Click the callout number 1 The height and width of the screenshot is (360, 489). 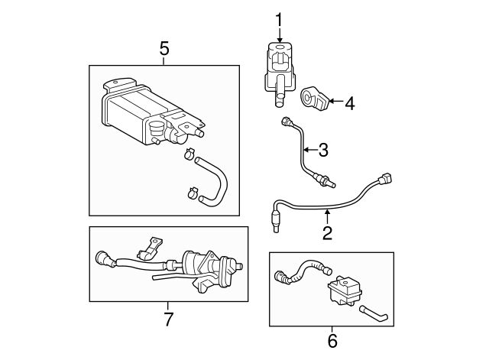280,20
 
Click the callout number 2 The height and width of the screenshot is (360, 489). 327,233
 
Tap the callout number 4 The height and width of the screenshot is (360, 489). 350,102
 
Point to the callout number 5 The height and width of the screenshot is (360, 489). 164,49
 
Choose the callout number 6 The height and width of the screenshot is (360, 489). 332,341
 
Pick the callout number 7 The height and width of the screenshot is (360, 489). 170,316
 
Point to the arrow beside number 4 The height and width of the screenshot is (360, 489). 336,102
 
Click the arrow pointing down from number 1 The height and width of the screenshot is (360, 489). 280,34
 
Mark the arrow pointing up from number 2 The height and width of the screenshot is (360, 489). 327,217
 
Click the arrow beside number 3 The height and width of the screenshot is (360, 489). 309,148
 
